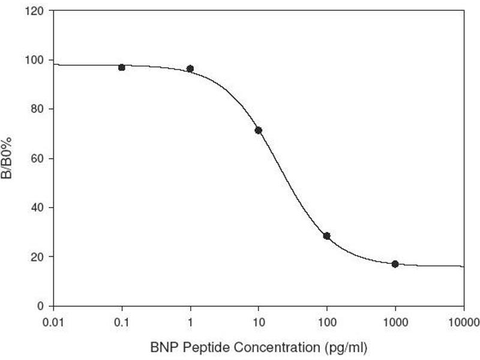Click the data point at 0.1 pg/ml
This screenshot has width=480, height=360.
[122, 68]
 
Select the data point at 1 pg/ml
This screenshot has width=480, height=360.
[190, 69]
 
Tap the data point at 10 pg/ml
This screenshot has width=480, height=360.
[259, 130]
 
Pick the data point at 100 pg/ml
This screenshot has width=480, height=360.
[327, 236]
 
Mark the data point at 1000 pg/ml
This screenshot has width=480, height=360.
[395, 264]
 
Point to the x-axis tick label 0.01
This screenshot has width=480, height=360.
[53, 321]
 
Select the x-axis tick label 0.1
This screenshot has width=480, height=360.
[122, 321]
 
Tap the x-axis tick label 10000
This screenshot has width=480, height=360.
[463, 321]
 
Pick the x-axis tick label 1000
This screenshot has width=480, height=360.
[395, 321]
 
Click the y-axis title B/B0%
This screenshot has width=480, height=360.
[11, 158]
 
